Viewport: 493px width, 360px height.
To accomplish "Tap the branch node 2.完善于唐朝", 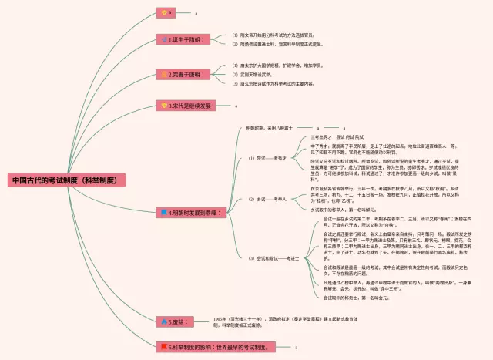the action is coord(184,75).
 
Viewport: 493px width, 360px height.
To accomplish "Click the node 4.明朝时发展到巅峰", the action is coord(191,211).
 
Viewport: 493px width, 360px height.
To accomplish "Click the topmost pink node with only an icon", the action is coord(166,12).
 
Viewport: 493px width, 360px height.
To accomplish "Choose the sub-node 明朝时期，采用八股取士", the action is coord(270,127).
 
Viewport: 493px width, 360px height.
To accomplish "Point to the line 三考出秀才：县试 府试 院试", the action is coord(337,136).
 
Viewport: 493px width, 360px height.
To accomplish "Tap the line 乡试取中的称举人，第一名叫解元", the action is coord(342,209).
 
